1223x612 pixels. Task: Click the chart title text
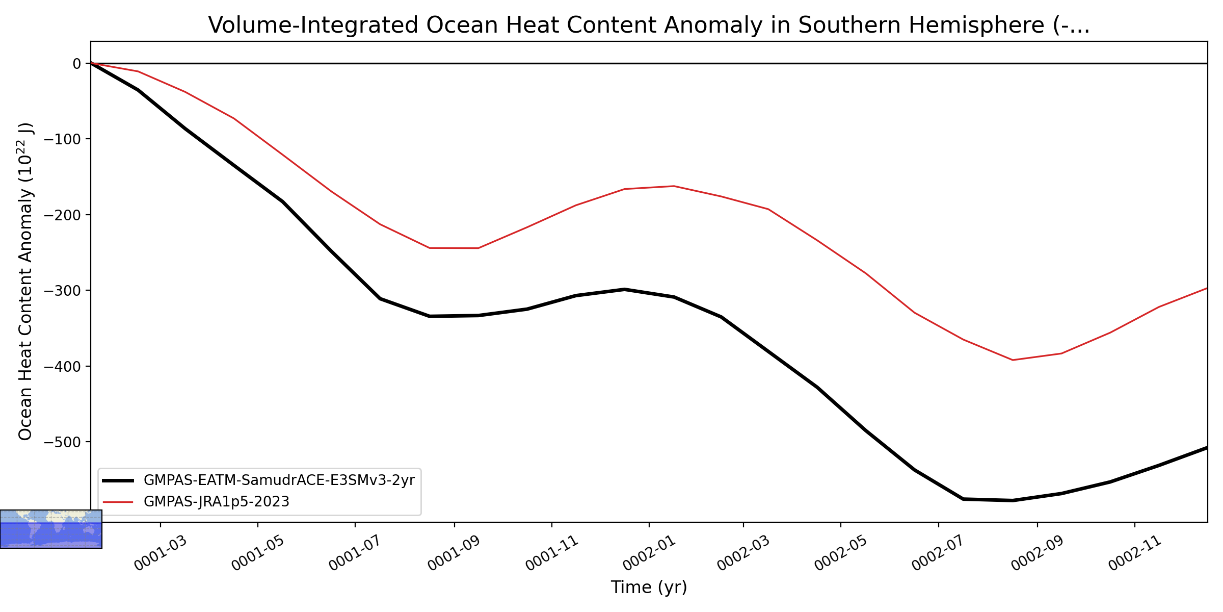[x=649, y=25]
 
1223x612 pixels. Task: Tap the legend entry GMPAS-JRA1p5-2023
[x=217, y=502]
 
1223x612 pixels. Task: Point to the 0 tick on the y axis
[x=77, y=64]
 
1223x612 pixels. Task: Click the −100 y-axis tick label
[x=63, y=139]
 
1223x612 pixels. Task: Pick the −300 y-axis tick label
[x=63, y=291]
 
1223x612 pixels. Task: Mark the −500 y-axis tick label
[x=63, y=442]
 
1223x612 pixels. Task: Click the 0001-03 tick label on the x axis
[x=161, y=553]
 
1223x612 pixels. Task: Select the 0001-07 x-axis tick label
[x=355, y=553]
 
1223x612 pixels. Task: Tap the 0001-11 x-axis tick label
[x=552, y=553]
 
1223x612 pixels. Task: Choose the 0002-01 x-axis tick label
[x=649, y=553]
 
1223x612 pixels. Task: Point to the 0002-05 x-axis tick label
[x=841, y=553]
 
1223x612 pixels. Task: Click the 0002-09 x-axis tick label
[x=1038, y=553]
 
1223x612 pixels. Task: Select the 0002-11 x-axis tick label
[x=1135, y=553]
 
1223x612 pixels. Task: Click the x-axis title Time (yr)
[x=649, y=588]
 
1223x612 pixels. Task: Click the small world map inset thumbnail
[x=51, y=529]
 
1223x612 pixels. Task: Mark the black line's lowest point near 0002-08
[x=1012, y=500]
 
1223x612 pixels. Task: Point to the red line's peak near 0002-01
[x=674, y=186]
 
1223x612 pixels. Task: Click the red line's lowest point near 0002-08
[x=1012, y=360]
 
